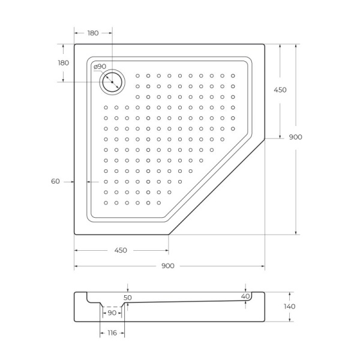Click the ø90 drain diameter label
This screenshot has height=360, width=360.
(100, 66)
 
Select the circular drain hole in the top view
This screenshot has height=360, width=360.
(112, 82)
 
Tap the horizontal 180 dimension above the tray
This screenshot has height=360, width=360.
(92, 33)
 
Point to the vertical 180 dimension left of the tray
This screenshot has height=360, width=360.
(62, 63)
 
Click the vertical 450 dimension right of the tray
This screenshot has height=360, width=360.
(280, 90)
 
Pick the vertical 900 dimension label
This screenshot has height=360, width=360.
(295, 137)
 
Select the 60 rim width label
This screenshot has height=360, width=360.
(55, 181)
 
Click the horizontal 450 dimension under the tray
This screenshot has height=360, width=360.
(120, 250)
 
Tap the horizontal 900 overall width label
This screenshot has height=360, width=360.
(168, 266)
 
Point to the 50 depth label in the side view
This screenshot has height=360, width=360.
(127, 297)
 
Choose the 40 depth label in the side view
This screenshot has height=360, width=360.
(245, 296)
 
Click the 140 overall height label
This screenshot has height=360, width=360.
(289, 306)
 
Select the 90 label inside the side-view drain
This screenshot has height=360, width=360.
(112, 313)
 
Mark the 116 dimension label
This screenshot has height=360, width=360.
(112, 332)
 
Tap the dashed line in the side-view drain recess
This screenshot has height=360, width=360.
(112, 306)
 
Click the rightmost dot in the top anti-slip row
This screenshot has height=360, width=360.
(233, 76)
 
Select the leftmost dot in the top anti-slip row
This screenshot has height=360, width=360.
(138, 76)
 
